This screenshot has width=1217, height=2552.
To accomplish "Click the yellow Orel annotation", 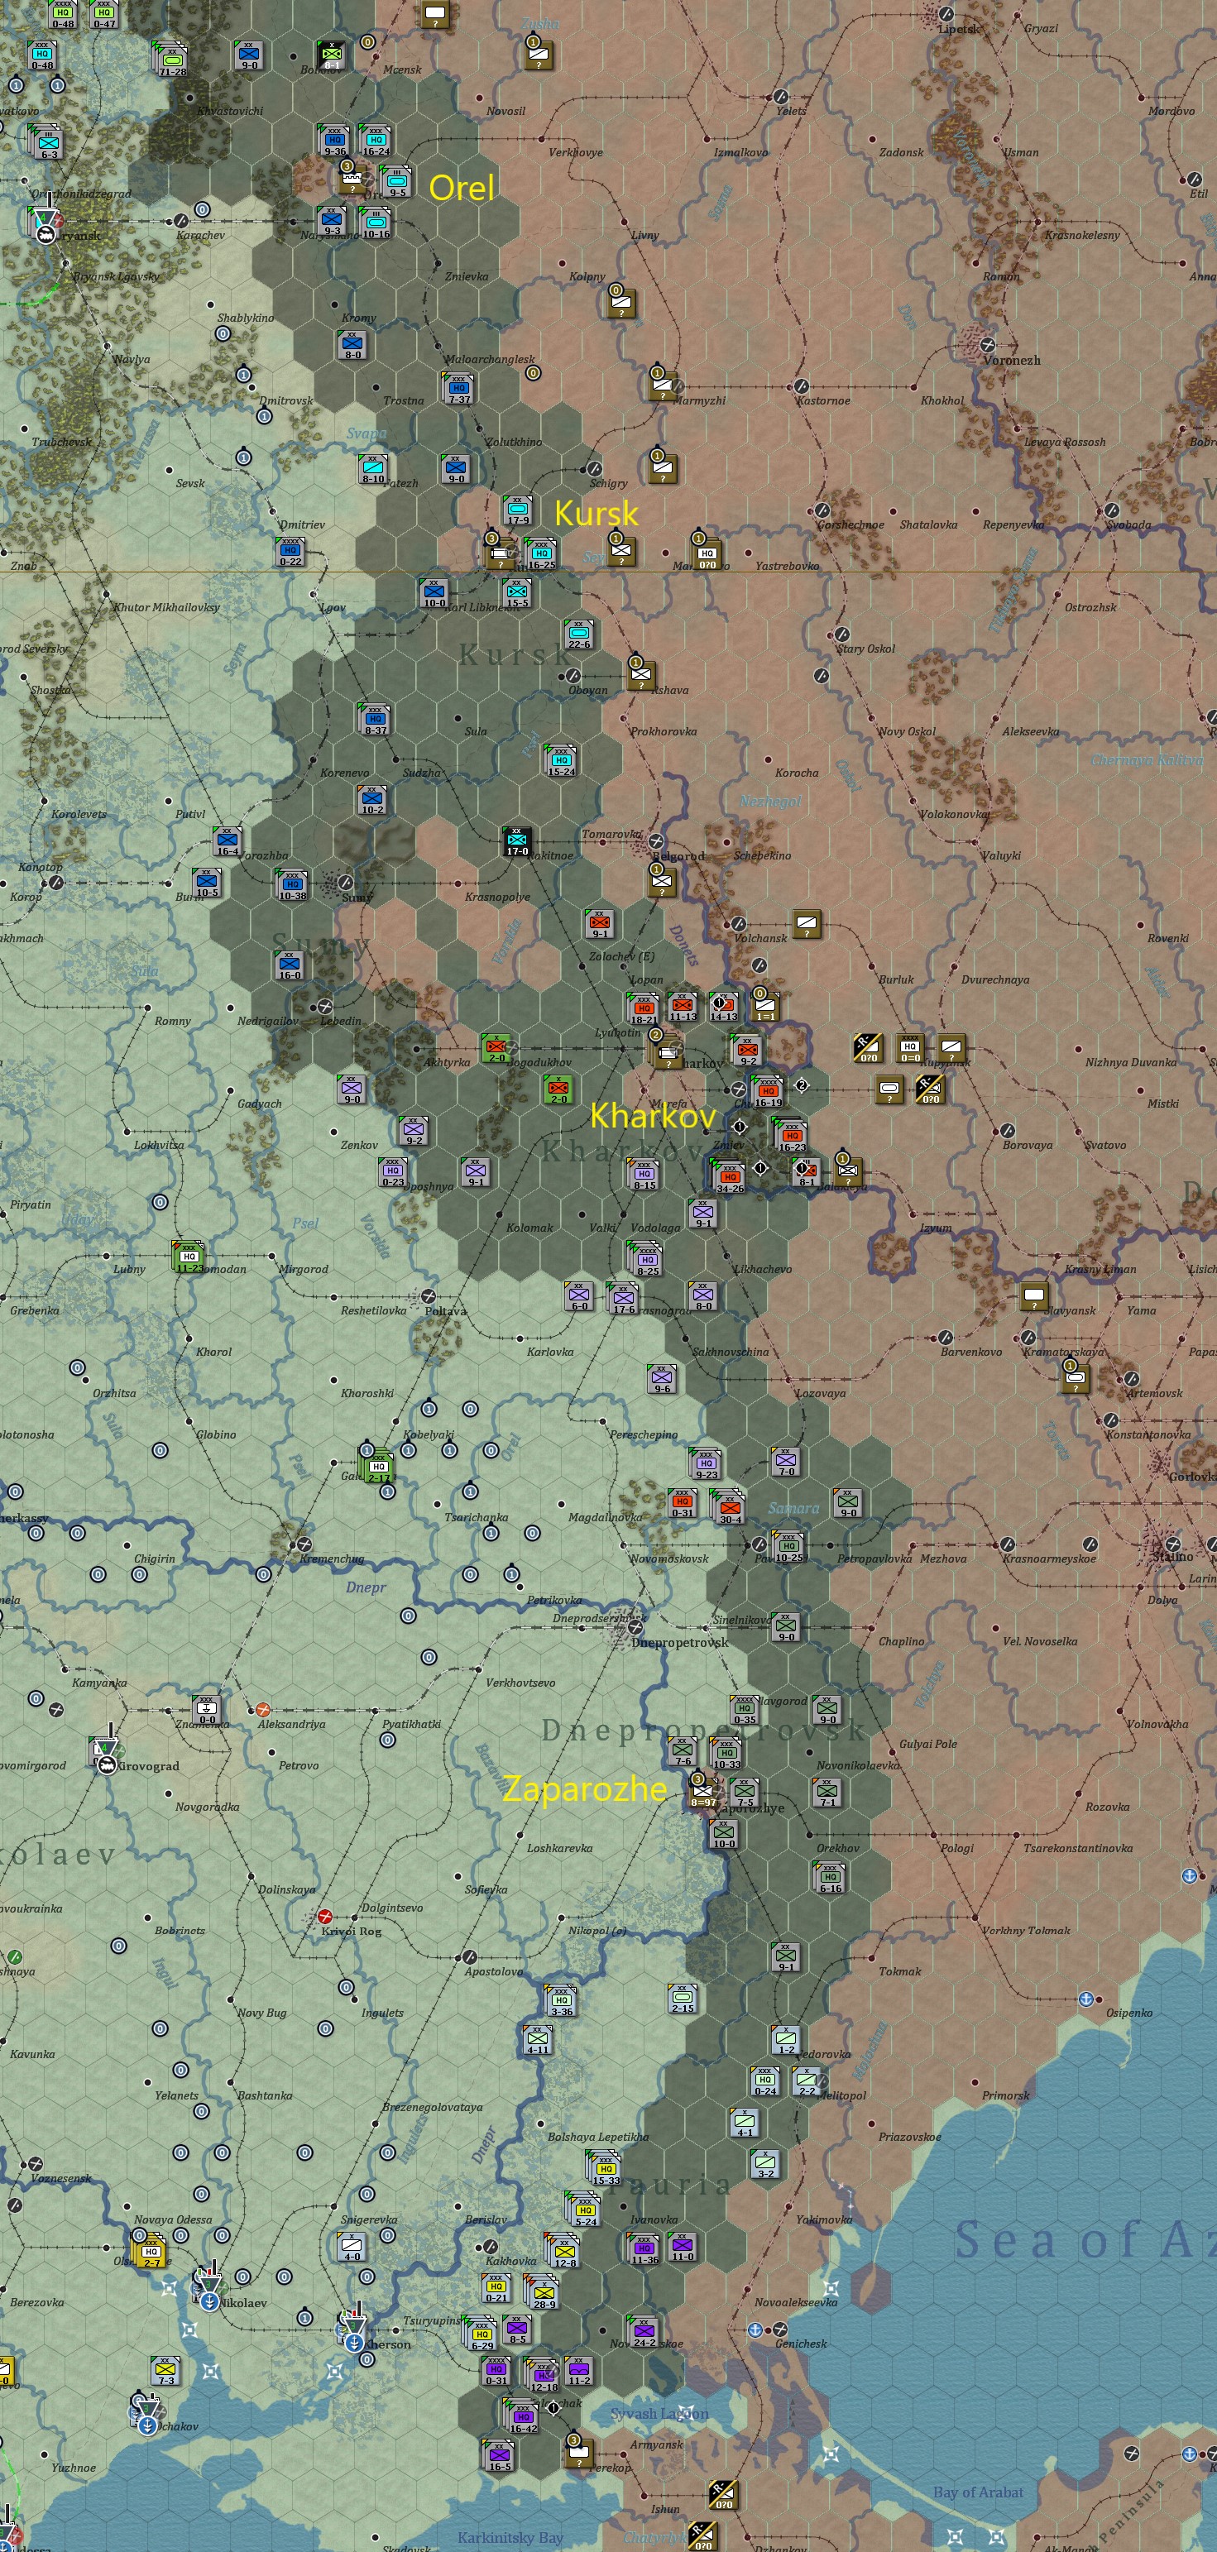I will (x=461, y=187).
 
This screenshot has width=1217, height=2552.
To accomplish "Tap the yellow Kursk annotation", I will (x=596, y=512).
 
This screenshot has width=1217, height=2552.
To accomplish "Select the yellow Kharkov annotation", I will (x=652, y=1115).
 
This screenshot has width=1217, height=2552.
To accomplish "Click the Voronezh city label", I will (x=1011, y=361).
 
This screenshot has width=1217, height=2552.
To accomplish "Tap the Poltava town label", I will (x=445, y=1310).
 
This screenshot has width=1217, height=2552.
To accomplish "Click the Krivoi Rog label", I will (x=351, y=1931).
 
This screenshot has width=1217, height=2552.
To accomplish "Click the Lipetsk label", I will (x=957, y=29).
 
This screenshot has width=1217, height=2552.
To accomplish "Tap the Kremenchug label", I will (x=332, y=1558).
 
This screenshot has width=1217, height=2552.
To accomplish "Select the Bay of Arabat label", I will (x=977, y=2492).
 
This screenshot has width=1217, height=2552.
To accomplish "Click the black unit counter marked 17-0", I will (x=517, y=841).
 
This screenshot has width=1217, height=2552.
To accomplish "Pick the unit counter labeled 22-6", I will (x=579, y=634).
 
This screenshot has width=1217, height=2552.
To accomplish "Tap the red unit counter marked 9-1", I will (x=601, y=923).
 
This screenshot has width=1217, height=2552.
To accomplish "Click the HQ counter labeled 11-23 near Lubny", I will (x=189, y=1257).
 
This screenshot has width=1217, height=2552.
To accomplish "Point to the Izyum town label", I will (x=936, y=1228).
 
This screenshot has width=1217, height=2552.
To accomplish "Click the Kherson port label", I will (x=387, y=2344).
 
